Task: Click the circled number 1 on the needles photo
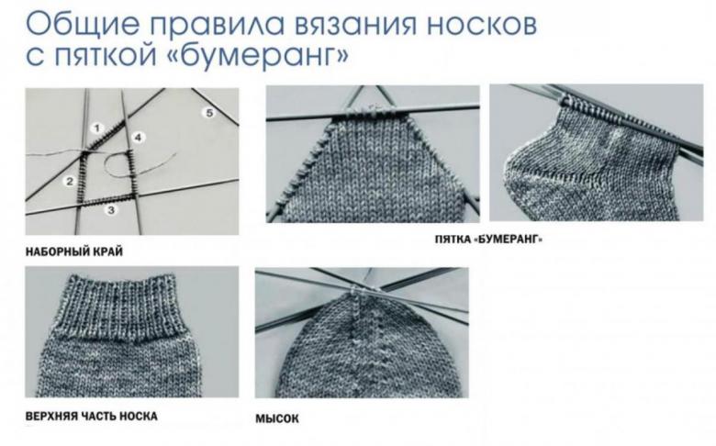pyautogui.click(x=97, y=128)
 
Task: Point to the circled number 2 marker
pyautogui.click(x=70, y=182)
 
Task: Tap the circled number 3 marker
pyautogui.click(x=111, y=210)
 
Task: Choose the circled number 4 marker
pyautogui.click(x=138, y=138)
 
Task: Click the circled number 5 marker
pyautogui.click(x=208, y=113)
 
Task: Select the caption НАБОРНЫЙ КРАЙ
pyautogui.click(x=74, y=252)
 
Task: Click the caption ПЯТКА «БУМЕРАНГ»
pyautogui.click(x=488, y=239)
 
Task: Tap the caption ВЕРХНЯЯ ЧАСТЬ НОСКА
pyautogui.click(x=91, y=417)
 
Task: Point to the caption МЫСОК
pyautogui.click(x=277, y=418)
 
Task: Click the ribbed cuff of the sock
pyautogui.click(x=122, y=308)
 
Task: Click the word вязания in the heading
pyautogui.click(x=355, y=25)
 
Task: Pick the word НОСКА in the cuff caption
pyautogui.click(x=139, y=417)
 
